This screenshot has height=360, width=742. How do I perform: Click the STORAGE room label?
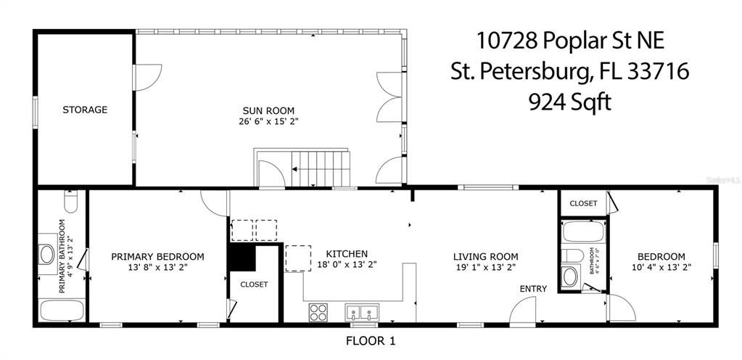pyautogui.click(x=85, y=110)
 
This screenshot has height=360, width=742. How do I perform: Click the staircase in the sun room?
pyautogui.click(x=319, y=168)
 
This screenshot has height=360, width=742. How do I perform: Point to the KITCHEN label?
pyautogui.click(x=347, y=254)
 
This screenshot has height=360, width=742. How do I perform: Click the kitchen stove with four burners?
pyautogui.click(x=318, y=312)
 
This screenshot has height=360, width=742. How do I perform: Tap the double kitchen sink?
pyautogui.click(x=362, y=313)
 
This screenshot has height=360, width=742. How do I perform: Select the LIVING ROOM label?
pyautogui.click(x=485, y=256)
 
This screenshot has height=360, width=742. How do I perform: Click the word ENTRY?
pyautogui.click(x=533, y=289)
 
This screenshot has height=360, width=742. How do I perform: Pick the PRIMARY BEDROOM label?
pyautogui.click(x=157, y=256)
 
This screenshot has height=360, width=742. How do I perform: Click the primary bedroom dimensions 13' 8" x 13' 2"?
pyautogui.click(x=157, y=266)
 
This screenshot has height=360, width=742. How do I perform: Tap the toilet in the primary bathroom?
pyautogui.click(x=70, y=199)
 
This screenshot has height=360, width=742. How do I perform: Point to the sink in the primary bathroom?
pyautogui.click(x=48, y=253)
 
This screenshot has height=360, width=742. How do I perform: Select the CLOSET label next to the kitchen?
pyautogui.click(x=254, y=285)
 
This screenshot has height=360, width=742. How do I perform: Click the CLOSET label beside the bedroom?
pyautogui.click(x=583, y=203)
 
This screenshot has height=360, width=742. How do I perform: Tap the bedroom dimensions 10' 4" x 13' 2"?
pyautogui.click(x=661, y=266)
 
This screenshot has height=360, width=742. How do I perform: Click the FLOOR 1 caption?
pyautogui.click(x=371, y=340)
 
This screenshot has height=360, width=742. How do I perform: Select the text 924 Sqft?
pyautogui.click(x=569, y=102)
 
